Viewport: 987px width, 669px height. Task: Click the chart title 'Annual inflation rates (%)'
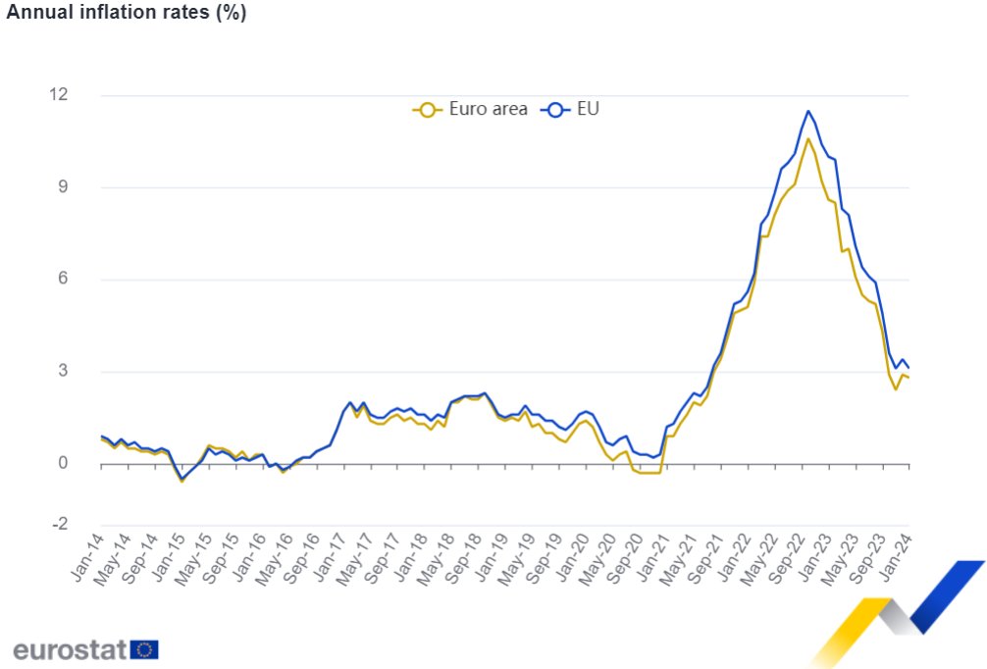point(127,13)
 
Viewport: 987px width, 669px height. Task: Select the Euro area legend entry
point(470,109)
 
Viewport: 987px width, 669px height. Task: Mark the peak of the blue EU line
point(807,111)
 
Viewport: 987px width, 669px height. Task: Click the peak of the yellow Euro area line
point(807,139)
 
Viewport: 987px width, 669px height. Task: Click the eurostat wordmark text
point(70,648)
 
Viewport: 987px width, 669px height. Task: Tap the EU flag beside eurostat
point(144,649)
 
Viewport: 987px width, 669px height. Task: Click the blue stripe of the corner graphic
point(950,593)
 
